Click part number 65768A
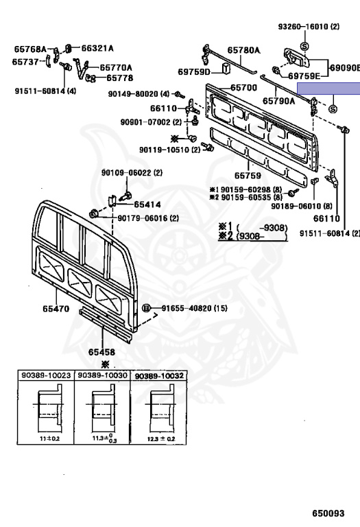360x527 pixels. [30, 49]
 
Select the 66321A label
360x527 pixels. [97, 49]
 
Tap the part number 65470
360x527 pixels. [56, 309]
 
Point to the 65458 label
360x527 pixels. [101, 352]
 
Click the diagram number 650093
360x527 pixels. [328, 513]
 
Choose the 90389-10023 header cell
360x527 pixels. [46, 375]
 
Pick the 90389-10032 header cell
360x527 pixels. [159, 375]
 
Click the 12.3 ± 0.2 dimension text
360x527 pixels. [161, 439]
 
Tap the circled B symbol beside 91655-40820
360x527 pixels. [146, 308]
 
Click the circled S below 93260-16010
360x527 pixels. [304, 46]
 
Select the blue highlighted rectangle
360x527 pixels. [328, 89]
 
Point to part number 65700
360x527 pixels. [243, 88]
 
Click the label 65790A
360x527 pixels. [278, 100]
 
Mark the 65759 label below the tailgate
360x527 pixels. [248, 176]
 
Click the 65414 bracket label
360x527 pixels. [147, 204]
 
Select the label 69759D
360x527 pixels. [194, 72]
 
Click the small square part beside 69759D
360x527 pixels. [226, 68]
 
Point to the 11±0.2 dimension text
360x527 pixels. [49, 438]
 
